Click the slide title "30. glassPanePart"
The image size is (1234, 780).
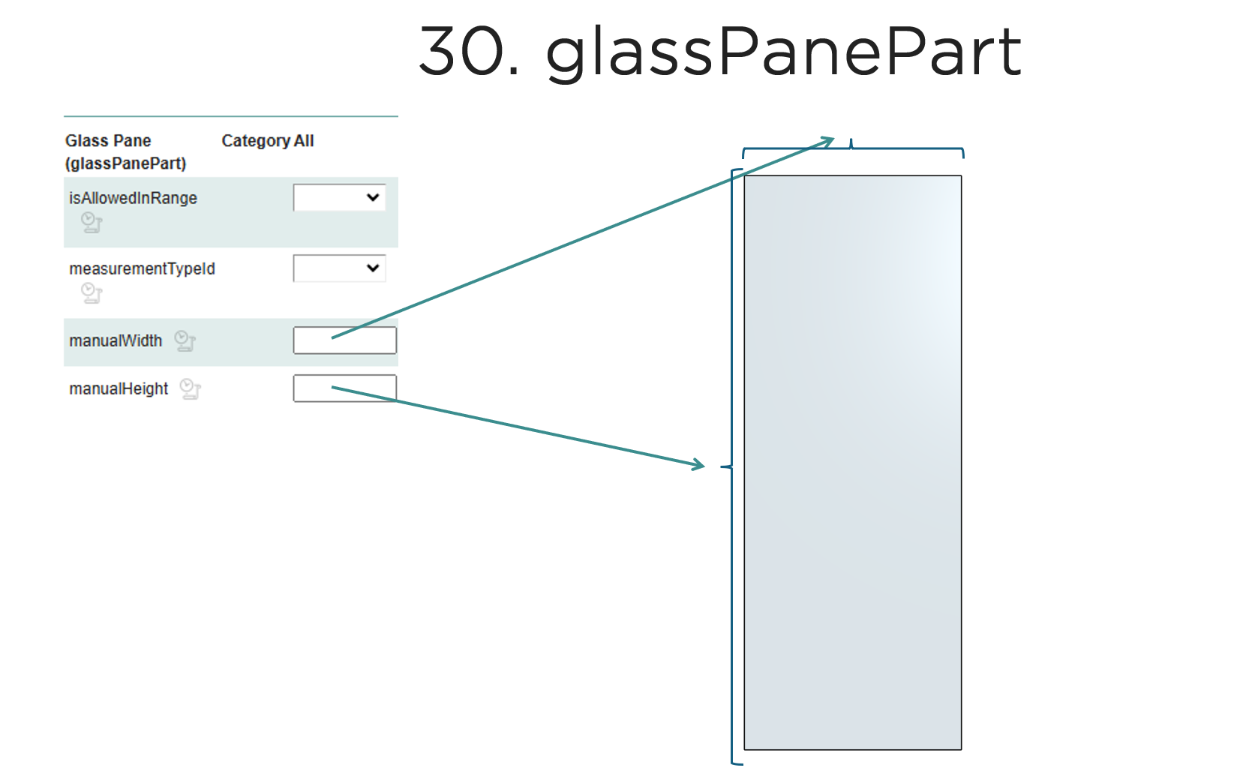[719, 52]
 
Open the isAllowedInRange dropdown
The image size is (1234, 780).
[340, 197]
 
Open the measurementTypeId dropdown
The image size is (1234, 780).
[340, 268]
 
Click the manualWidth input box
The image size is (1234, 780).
[344, 340]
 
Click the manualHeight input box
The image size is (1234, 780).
[344, 388]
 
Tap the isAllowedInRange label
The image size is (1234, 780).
[133, 198]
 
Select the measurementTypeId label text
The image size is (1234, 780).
[142, 268]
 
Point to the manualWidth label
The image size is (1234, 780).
[116, 340]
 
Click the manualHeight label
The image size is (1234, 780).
[119, 388]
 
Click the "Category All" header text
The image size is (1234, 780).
[267, 141]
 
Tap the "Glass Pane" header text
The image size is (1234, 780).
[108, 141]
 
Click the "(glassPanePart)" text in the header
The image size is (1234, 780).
[125, 163]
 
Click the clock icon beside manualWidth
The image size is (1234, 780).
[185, 341]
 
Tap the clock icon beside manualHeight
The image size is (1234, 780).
[191, 389]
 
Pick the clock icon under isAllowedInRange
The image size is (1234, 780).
[92, 223]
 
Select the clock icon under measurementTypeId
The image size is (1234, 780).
[92, 293]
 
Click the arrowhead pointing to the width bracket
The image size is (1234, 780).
[828, 141]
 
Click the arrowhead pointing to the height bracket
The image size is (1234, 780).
[698, 465]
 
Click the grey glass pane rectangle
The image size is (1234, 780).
[852, 462]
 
